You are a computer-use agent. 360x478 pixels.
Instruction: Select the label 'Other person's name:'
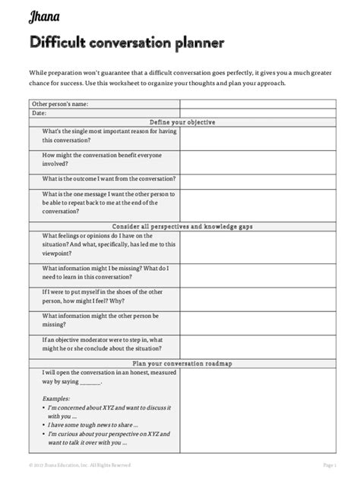pyautogui.click(x=60, y=103)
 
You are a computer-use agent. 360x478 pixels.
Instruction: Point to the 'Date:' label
pyautogui.click(x=39, y=112)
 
